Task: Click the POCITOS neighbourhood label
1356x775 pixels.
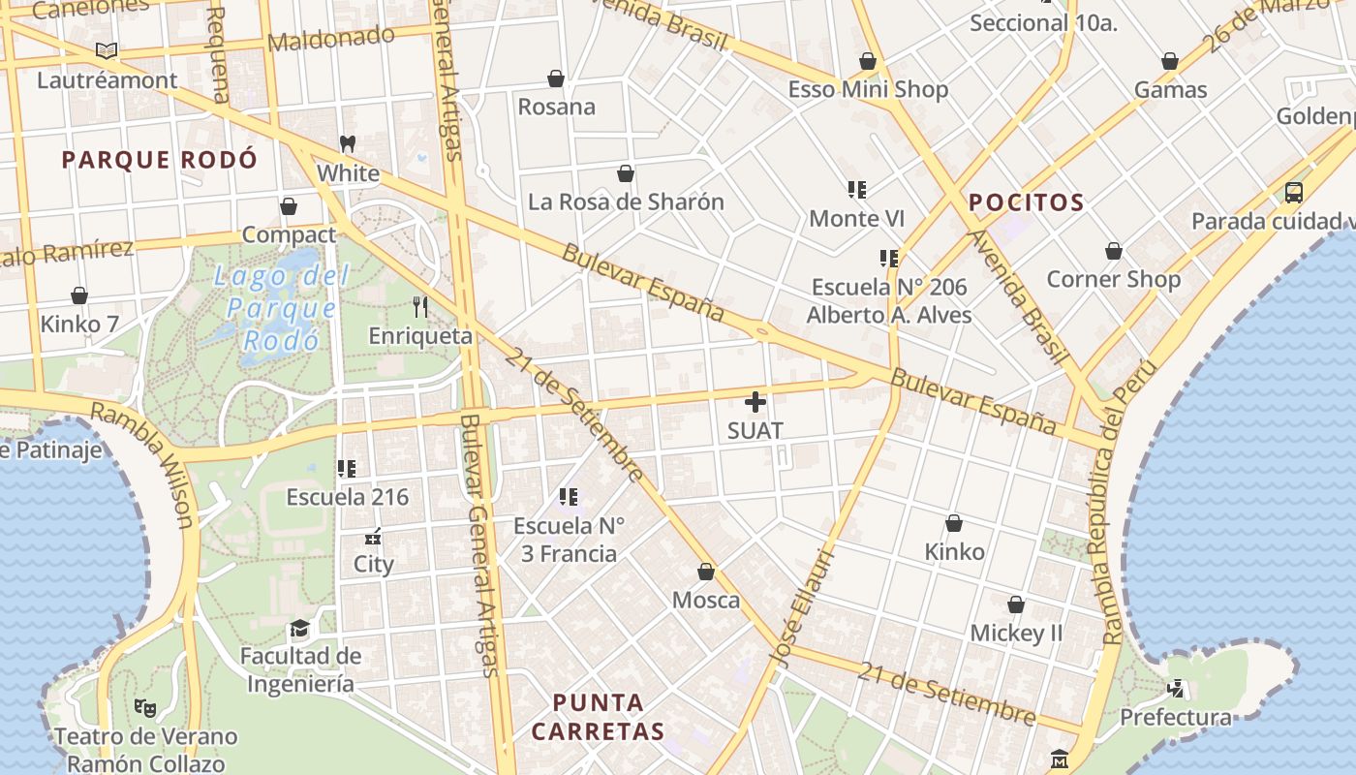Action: pos(1026,202)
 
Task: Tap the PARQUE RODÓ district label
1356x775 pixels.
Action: pos(160,160)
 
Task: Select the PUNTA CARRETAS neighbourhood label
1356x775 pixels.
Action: pos(598,717)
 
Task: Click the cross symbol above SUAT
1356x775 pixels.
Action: pos(755,402)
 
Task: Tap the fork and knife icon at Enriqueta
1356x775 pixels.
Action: pos(420,307)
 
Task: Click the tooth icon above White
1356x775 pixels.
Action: pos(348,144)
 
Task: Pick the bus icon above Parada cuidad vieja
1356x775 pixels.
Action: pos(1294,192)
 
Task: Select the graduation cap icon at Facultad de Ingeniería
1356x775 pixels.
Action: pos(300,628)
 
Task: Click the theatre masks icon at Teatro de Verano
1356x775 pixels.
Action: pos(145,707)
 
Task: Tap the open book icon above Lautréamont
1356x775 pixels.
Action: pos(107,50)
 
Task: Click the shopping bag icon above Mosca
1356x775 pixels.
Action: pos(706,572)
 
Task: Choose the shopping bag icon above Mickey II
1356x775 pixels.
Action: pos(1016,604)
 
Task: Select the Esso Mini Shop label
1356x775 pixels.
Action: pos(868,90)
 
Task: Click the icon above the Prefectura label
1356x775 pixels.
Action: pos(1176,689)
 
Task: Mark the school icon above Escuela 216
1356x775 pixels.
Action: pos(347,469)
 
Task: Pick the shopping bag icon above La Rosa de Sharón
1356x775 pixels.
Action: pos(626,173)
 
